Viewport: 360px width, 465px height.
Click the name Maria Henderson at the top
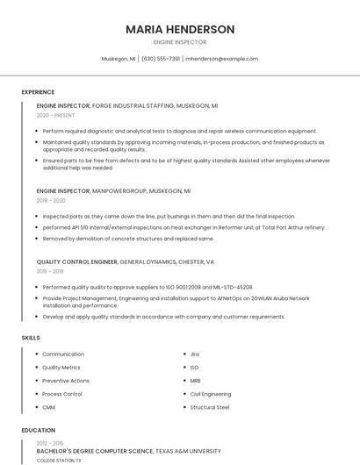pyautogui.click(x=180, y=29)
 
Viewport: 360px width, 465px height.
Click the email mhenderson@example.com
pyautogui.click(x=223, y=59)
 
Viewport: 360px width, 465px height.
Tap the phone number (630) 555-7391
pyautogui.click(x=161, y=59)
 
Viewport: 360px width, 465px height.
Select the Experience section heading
pyautogui.click(x=38, y=92)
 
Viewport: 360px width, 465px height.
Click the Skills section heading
pyautogui.click(x=31, y=337)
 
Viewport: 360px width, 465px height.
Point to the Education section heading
pyautogui.click(x=38, y=430)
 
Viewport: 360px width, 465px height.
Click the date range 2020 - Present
pyautogui.click(x=55, y=115)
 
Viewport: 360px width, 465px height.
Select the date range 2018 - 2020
pyautogui.click(x=51, y=200)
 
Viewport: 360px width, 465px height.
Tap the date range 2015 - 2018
pyautogui.click(x=50, y=271)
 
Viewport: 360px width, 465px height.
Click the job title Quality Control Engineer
pyautogui.click(x=76, y=261)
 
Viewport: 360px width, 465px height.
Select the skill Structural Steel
pyautogui.click(x=210, y=407)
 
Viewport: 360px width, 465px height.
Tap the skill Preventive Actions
pyautogui.click(x=66, y=381)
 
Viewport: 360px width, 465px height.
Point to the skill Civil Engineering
pyautogui.click(x=211, y=394)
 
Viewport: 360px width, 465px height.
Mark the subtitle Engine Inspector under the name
pyautogui.click(x=180, y=42)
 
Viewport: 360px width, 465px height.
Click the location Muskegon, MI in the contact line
pyautogui.click(x=119, y=59)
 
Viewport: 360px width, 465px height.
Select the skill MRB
pyautogui.click(x=196, y=381)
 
